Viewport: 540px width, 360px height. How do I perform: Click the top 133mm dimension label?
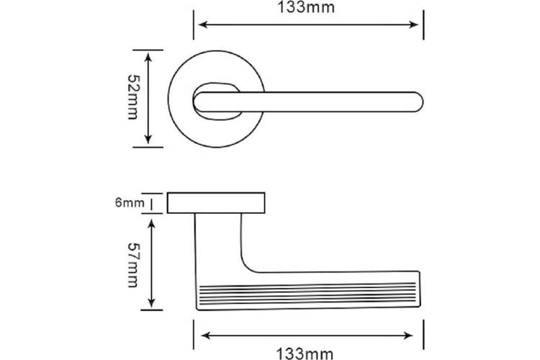306,7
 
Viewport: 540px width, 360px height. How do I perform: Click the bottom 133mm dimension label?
305,354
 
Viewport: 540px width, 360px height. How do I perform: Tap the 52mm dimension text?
133,97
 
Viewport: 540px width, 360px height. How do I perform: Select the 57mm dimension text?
133,264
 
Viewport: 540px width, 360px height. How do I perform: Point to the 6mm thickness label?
130,202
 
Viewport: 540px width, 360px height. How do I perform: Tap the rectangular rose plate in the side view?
216,203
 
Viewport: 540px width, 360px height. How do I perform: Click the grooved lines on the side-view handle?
307,294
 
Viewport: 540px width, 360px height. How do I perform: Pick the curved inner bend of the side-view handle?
246,265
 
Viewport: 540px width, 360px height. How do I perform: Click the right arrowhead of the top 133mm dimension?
413,24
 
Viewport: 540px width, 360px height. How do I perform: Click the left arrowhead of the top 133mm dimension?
204,24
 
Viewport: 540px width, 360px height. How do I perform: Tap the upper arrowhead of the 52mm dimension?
148,58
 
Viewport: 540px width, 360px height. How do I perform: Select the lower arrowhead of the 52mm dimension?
148,138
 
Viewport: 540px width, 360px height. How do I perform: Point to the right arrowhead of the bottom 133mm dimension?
408,336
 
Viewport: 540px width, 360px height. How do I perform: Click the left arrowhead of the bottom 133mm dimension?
206,336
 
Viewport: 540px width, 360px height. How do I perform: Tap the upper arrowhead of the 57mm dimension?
151,224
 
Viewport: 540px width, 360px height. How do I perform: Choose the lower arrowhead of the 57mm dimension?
151,302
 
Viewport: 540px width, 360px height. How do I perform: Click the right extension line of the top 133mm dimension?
423,24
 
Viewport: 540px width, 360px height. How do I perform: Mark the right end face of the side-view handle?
420,289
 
